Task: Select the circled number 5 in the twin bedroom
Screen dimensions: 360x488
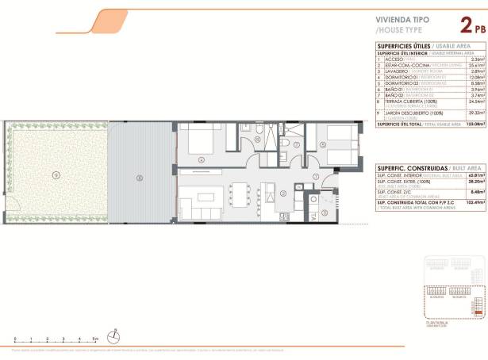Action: point(323,144)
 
